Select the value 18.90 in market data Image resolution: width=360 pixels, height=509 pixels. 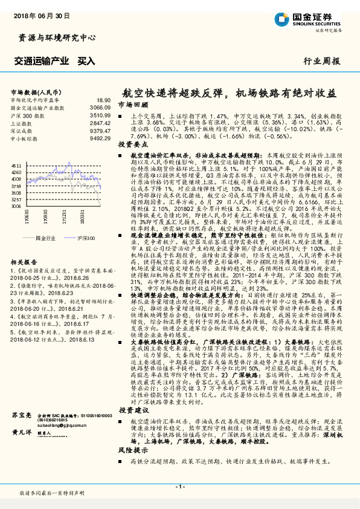pos(103,100)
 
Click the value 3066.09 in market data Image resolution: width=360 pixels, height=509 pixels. pos(101,107)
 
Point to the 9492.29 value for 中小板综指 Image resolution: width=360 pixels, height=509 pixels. pos(101,137)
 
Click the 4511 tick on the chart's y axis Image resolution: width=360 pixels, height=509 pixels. pos(16,164)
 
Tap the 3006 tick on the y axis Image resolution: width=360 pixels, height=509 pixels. pos(16,206)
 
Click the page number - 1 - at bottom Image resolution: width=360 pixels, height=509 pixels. pos(179,486)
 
